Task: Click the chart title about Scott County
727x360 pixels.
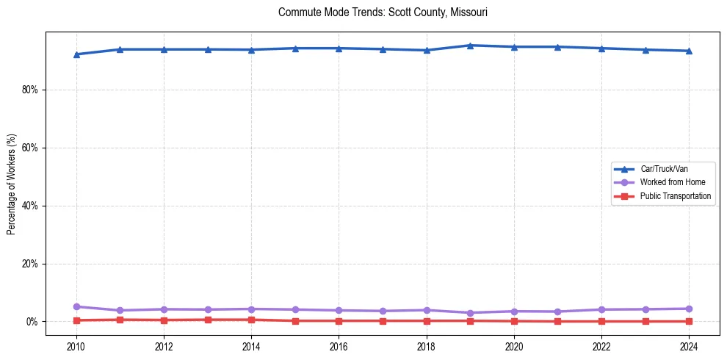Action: click(x=383, y=12)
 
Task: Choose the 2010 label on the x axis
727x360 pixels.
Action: click(x=76, y=347)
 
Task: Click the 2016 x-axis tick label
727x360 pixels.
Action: click(x=339, y=347)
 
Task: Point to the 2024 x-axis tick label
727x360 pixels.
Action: click(x=689, y=347)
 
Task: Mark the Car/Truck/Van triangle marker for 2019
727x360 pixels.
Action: click(x=470, y=46)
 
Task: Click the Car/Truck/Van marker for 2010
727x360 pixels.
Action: click(x=76, y=54)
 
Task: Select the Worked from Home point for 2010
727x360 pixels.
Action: click(x=76, y=306)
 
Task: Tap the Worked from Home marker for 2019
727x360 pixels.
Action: click(x=470, y=313)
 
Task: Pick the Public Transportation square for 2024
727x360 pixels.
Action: click(x=689, y=321)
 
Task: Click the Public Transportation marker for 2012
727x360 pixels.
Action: click(x=164, y=320)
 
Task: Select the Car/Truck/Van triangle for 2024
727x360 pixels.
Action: click(x=689, y=51)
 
